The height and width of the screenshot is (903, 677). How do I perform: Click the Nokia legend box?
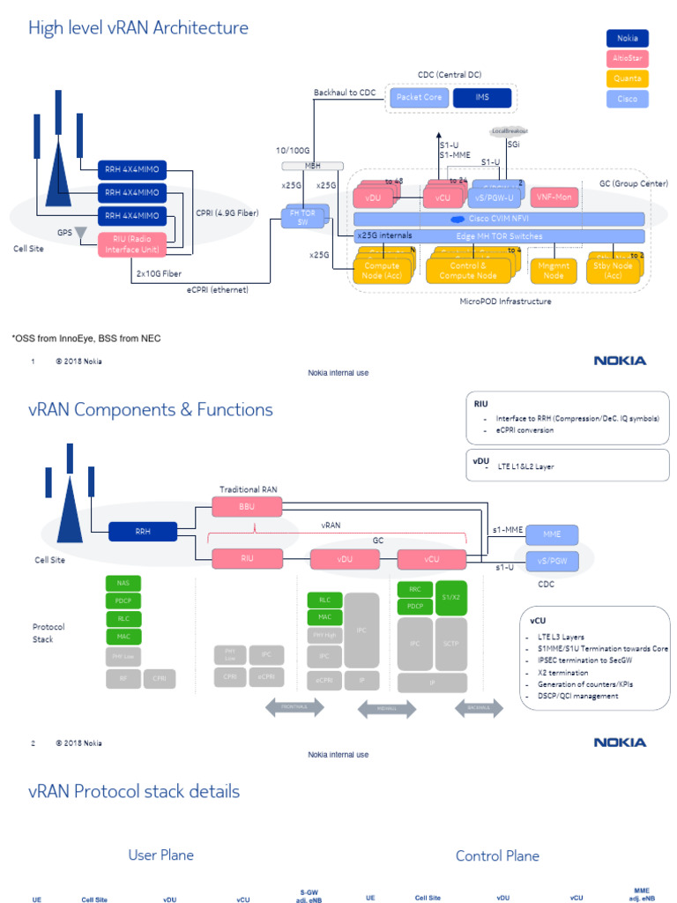click(627, 38)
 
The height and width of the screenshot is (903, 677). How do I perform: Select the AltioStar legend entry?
click(627, 58)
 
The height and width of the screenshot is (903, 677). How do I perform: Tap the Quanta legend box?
click(627, 78)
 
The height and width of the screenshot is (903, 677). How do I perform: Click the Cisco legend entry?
click(627, 99)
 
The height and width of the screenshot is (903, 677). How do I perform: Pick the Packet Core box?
click(419, 97)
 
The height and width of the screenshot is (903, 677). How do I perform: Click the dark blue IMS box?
click(482, 97)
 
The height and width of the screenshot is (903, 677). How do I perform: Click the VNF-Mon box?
click(554, 198)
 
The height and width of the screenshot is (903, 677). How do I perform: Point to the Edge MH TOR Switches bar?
click(498, 236)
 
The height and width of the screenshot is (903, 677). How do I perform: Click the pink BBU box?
click(247, 506)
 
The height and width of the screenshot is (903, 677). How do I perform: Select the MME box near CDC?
click(552, 534)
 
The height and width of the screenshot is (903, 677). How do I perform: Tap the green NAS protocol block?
click(123, 583)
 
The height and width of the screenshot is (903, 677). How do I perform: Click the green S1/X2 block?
click(451, 597)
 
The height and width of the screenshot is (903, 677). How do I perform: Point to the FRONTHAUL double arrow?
click(295, 707)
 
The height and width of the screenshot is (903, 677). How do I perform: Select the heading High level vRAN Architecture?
click(138, 29)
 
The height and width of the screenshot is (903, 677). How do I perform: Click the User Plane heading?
click(160, 854)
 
